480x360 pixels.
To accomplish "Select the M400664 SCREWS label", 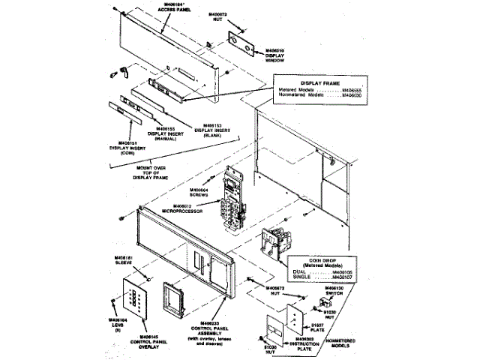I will (199, 192).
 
